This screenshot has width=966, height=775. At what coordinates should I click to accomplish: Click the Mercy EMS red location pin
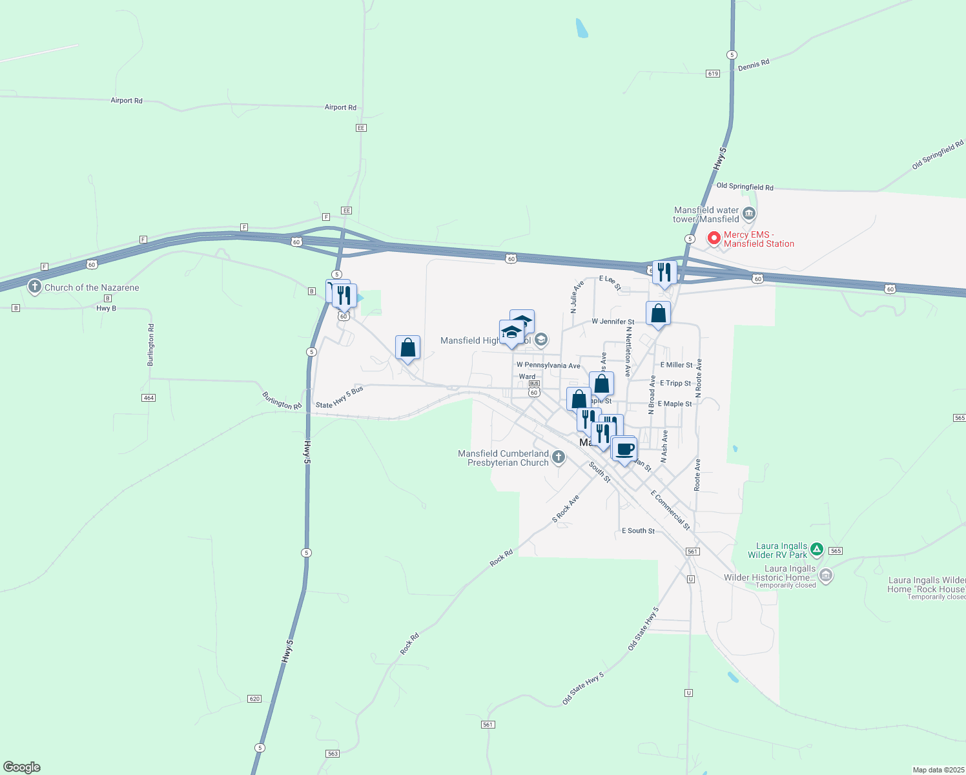pos(714,238)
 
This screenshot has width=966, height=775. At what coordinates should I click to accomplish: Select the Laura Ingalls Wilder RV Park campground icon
pos(817,550)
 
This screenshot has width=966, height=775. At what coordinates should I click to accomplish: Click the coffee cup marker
pos(624,449)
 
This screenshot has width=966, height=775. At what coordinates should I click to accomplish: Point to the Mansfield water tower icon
pos(749,213)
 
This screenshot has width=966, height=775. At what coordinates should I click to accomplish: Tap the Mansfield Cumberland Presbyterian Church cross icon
pos(559,457)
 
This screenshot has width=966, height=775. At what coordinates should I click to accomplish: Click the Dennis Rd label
pos(754,65)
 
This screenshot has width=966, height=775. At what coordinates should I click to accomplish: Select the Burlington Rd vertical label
pos(150,345)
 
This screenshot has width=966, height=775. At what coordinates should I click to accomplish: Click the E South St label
pos(638,531)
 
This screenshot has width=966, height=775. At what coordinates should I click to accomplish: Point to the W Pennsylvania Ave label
pos(548,366)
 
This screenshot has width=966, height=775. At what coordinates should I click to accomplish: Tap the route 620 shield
pos(254,699)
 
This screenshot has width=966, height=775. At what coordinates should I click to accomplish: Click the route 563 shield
pos(333,754)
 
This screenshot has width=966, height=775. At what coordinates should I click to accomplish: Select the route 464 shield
pos(149,398)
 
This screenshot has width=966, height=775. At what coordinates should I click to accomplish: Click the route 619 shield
pos(713,74)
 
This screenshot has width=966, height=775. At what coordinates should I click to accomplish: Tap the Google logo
pos(22,767)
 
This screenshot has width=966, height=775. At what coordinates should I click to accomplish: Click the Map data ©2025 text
pos(938,770)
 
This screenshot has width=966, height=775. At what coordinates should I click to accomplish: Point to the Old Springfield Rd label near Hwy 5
pos(745,187)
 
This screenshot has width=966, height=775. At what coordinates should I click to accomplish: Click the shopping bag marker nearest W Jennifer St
pos(658,315)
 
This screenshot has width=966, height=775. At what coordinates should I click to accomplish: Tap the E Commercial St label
pos(670,510)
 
